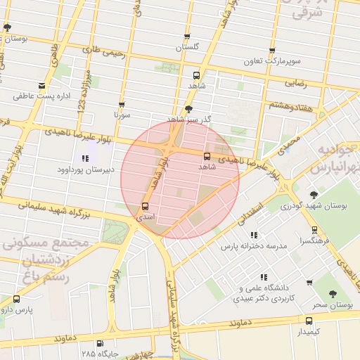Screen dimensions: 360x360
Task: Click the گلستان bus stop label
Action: pos(187,47)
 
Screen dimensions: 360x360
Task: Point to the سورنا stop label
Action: pos(122,114)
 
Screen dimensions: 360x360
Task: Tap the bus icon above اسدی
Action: pos(145,207)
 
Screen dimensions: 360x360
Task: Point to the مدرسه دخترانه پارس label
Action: pos(255,247)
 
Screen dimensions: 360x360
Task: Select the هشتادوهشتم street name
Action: pos(290,105)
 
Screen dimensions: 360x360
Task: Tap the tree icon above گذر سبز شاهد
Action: pos(188,108)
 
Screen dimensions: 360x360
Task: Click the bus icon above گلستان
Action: pos(187,37)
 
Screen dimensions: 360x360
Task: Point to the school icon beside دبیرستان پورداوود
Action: pos(85,158)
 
